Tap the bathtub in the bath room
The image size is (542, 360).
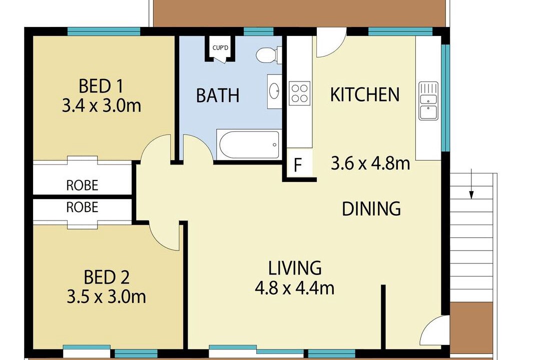click(249, 145)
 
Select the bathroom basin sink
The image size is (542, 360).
click(275, 91)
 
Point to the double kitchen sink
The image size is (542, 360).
click(428, 101)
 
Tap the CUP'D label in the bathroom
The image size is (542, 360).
click(221, 47)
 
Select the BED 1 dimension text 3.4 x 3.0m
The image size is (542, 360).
click(101, 105)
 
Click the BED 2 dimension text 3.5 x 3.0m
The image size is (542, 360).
click(106, 297)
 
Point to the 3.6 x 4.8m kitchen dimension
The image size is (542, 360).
click(370, 163)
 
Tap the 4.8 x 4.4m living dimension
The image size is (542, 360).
click(294, 288)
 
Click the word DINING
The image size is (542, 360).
click(371, 208)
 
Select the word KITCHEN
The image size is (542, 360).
click(365, 94)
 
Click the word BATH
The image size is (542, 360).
click(218, 95)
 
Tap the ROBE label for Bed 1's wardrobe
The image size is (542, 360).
click(82, 185)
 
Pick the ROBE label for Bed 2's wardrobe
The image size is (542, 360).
click(82, 207)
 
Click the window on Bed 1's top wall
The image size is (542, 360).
click(104, 31)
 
